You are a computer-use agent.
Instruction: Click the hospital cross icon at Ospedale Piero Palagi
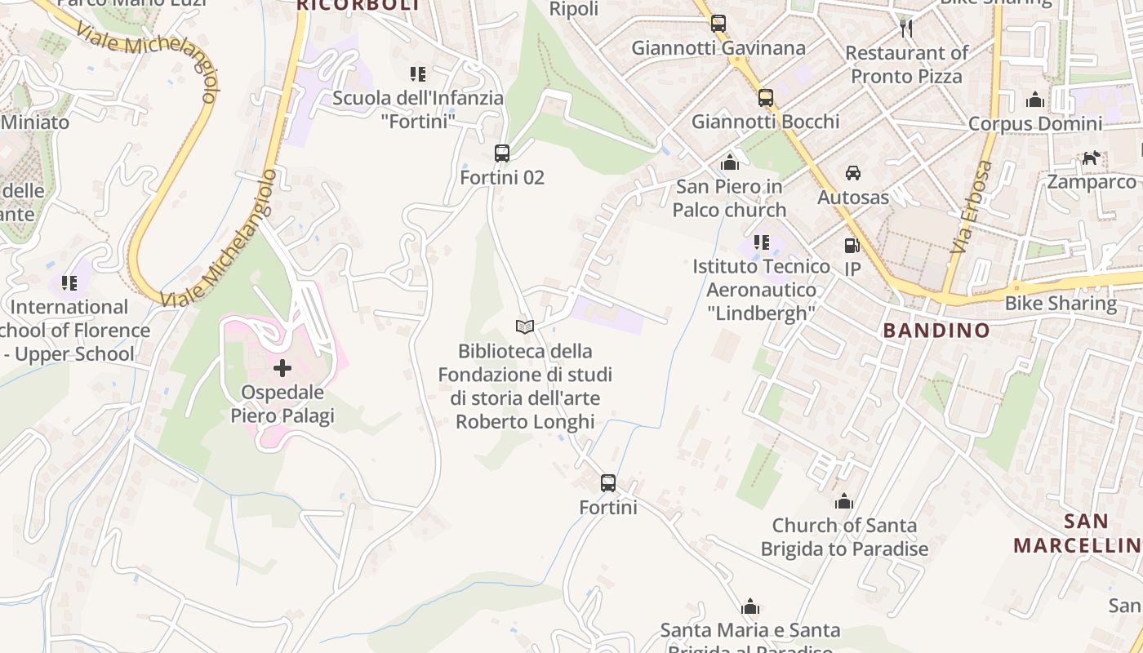coord(282,368)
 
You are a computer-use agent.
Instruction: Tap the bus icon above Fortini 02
coord(501,153)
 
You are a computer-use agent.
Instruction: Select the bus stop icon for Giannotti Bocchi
coord(765,98)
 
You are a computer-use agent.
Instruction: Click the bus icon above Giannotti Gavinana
coord(718,24)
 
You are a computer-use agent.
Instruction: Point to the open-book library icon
coord(525,327)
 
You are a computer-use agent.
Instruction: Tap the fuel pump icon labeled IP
coord(852,246)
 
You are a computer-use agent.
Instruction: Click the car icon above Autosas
coord(852,173)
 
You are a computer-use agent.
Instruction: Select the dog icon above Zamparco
coord(1091,158)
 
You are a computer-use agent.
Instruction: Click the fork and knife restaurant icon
coord(905,29)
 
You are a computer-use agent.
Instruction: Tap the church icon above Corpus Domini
coord(1035,100)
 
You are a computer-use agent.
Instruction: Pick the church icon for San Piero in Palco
coord(730,162)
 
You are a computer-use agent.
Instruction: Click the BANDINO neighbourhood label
coord(936,331)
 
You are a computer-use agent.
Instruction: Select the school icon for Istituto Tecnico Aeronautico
coord(761,242)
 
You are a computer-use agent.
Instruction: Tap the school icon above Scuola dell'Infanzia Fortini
coord(418,74)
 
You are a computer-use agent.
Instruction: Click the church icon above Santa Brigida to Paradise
coord(844,501)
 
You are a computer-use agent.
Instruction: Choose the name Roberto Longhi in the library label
coord(525,422)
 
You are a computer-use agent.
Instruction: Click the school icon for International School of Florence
coord(69,283)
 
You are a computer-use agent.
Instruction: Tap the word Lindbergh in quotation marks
coord(761,313)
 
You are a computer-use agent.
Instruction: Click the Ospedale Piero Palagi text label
coord(282,404)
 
